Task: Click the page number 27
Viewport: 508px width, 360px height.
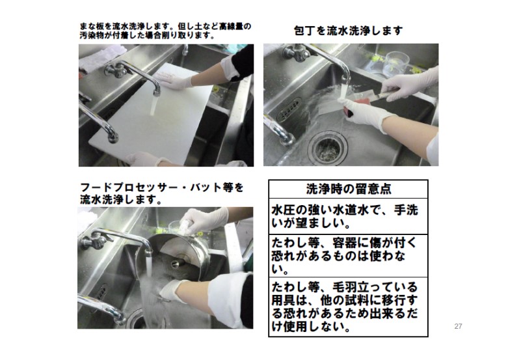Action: point(458,326)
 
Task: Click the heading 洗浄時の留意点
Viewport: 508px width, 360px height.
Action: point(349,189)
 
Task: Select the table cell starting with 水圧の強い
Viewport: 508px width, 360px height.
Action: point(348,216)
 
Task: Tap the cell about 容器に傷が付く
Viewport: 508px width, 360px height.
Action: point(348,256)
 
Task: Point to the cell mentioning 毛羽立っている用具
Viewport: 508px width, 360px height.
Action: point(348,307)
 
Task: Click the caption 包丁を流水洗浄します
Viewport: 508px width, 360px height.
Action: point(348,31)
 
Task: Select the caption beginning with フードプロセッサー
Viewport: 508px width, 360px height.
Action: point(161,193)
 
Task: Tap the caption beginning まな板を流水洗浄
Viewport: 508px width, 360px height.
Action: point(165,31)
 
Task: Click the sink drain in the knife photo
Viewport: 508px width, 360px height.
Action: point(328,147)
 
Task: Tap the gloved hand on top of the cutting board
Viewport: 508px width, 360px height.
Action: point(172,80)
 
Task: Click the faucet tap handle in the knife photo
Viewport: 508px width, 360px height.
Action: point(295,52)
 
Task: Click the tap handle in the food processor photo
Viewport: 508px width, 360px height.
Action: point(96,241)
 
